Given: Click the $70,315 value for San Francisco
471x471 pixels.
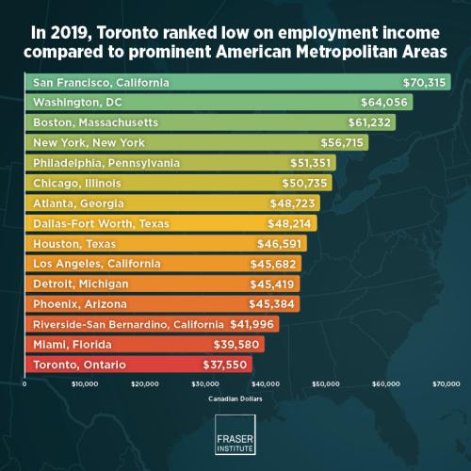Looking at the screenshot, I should pyautogui.click(x=424, y=83).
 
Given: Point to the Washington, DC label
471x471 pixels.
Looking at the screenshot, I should pyautogui.click(x=73, y=103).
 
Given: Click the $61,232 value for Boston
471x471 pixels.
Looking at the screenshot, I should pyautogui.click(x=369, y=122).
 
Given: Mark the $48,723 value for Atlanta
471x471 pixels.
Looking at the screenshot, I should pyautogui.click(x=293, y=203).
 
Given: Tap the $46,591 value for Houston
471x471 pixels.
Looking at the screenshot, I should pyautogui.click(x=280, y=243).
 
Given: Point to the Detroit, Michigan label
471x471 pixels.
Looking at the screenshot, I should pyautogui.click(x=80, y=284).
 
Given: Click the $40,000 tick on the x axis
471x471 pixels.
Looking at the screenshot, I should pyautogui.click(x=265, y=384).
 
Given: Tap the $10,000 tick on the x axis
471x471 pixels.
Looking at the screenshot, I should pyautogui.click(x=85, y=384).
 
